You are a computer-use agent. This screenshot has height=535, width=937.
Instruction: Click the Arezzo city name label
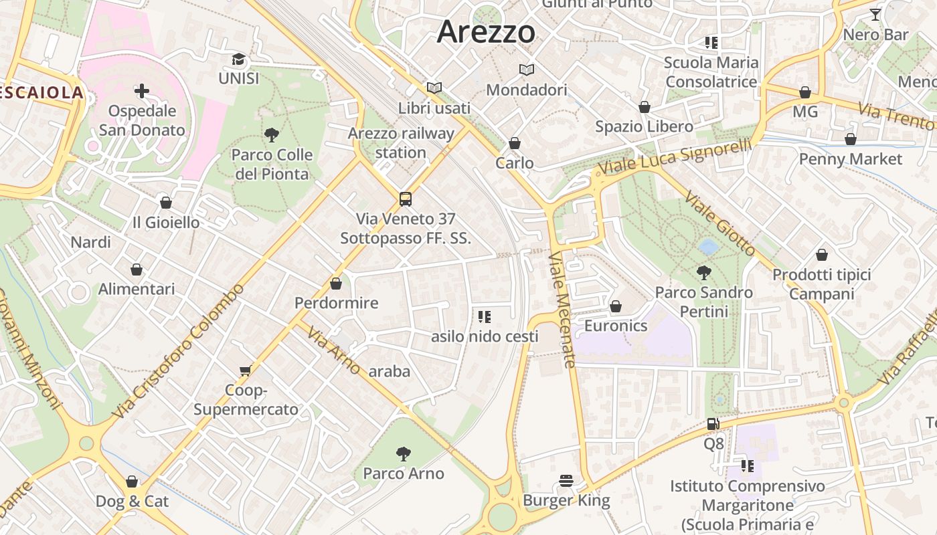click(487, 32)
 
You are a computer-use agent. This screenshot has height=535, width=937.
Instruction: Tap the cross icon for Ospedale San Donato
click(141, 91)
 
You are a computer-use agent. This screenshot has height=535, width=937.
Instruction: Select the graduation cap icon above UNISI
click(238, 60)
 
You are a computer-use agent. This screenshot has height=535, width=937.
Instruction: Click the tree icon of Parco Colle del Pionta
click(271, 136)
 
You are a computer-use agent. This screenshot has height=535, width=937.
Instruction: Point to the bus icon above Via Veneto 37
click(406, 199)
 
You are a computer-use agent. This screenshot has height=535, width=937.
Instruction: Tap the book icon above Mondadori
click(527, 70)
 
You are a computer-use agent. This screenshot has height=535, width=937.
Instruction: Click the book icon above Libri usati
click(434, 88)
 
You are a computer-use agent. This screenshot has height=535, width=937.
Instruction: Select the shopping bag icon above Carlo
click(515, 143)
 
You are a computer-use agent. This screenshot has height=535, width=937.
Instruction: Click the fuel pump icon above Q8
click(713, 424)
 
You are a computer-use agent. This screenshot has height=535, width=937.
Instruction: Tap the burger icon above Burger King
click(566, 481)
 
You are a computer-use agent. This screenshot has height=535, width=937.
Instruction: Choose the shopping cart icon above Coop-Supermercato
click(246, 370)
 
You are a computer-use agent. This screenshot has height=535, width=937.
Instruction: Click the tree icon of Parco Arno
click(403, 454)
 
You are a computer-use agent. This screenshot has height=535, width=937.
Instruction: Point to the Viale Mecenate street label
click(562, 309)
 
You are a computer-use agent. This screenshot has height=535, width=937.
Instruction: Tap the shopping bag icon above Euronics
click(616, 306)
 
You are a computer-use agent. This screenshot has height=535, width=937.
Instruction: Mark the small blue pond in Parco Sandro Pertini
click(708, 247)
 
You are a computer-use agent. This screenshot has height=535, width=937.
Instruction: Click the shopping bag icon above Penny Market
click(850, 139)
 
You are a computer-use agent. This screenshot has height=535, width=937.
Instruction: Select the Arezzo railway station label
click(400, 142)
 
